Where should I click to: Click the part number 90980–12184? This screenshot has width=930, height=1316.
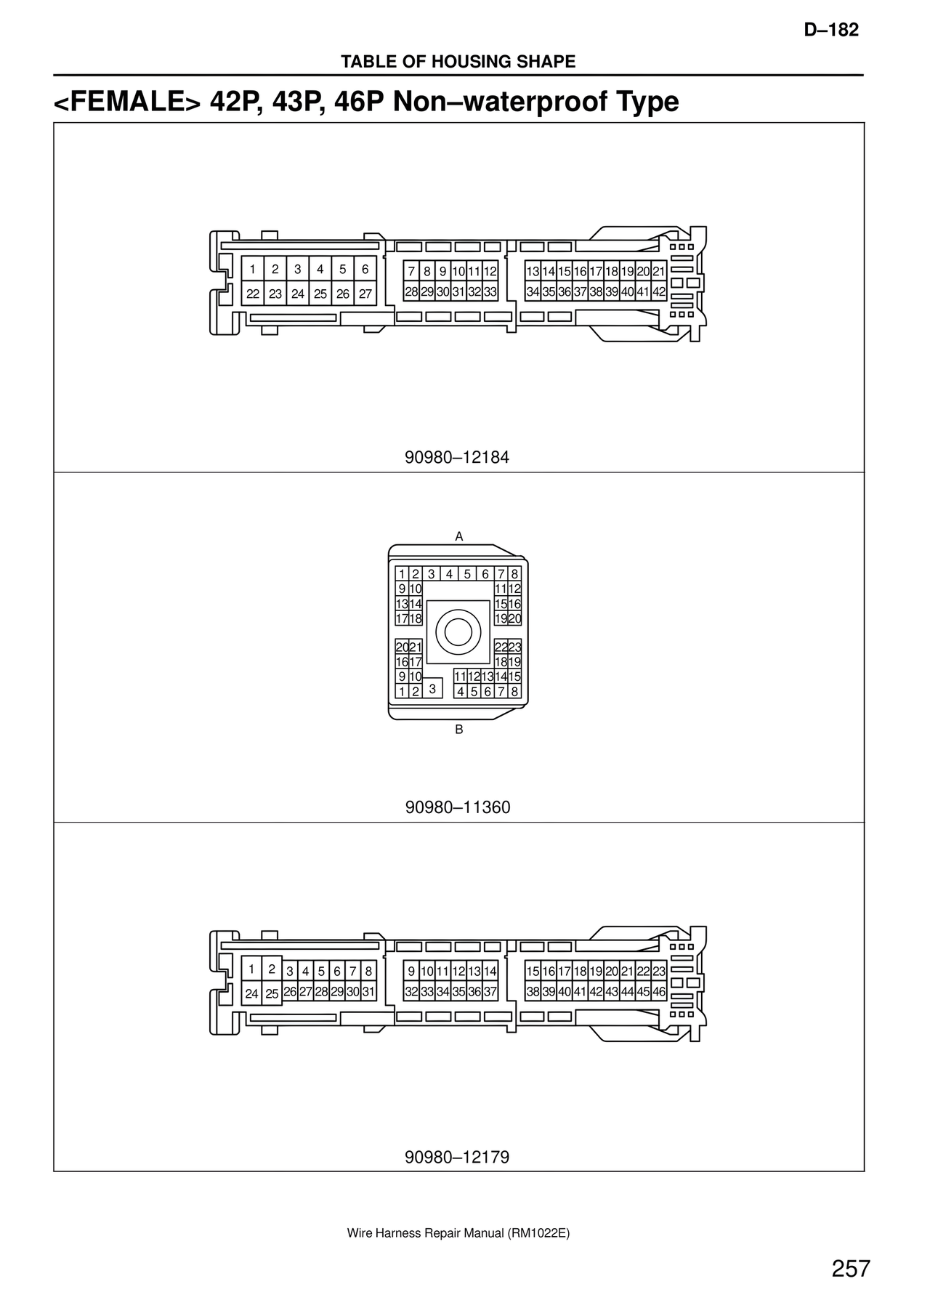(x=457, y=458)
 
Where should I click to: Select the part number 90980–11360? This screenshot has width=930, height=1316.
(x=458, y=807)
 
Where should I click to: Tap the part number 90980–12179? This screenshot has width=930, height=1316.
(x=457, y=1157)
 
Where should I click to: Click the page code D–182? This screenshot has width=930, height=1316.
(x=831, y=30)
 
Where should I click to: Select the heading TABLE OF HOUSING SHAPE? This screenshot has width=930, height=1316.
(x=458, y=62)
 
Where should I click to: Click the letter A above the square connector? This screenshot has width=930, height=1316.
(x=458, y=536)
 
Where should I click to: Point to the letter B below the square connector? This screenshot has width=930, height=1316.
(x=458, y=729)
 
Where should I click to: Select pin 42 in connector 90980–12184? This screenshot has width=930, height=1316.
(x=659, y=292)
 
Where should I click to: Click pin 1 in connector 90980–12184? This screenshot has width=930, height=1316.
(x=252, y=269)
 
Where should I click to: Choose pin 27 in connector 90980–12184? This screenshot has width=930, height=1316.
(x=365, y=294)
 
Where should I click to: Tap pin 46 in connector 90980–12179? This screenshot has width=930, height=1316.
(x=659, y=992)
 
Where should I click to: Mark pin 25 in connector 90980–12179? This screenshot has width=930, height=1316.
(x=272, y=993)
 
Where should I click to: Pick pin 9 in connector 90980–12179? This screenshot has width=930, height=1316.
(x=411, y=972)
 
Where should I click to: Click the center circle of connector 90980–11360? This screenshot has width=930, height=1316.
(x=458, y=631)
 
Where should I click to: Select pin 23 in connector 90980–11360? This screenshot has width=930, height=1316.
(x=514, y=647)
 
